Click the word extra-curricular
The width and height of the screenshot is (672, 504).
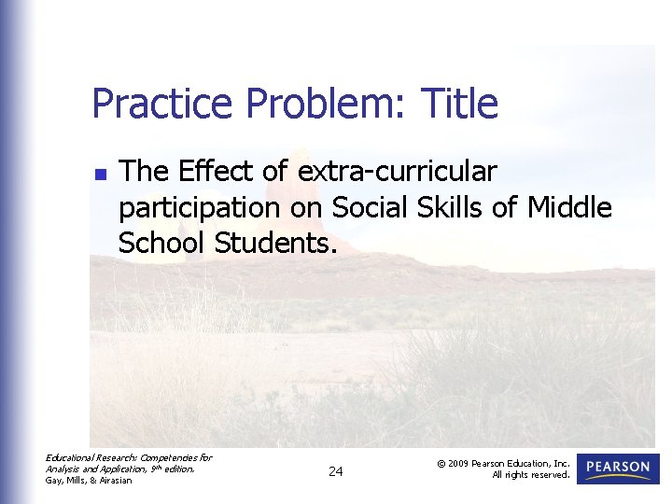point(397,172)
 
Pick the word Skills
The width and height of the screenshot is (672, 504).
point(451,207)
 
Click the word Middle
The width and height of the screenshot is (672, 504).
point(569,207)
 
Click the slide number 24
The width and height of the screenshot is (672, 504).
point(336,472)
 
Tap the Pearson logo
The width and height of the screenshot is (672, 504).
point(618,469)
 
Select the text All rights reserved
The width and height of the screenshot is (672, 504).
point(530,475)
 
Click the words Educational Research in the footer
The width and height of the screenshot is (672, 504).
point(90,457)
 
